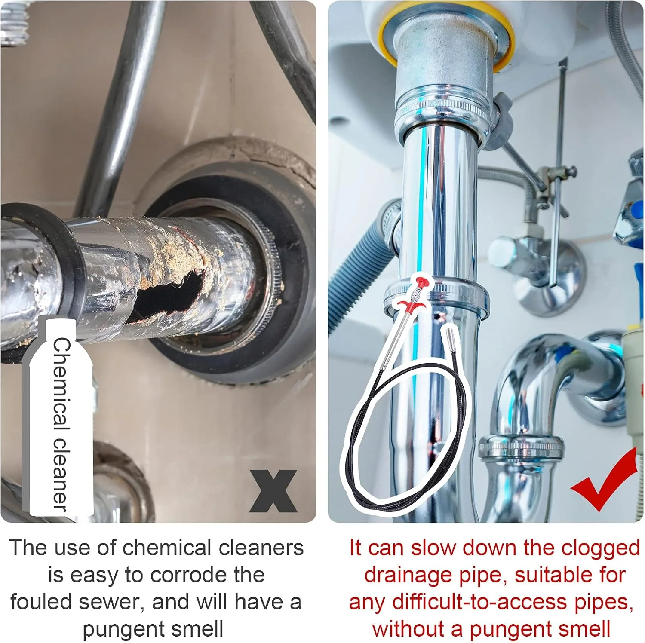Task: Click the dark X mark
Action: click(x=273, y=491)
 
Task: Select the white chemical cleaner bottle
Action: click(x=60, y=417)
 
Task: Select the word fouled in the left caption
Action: click(x=42, y=602)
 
